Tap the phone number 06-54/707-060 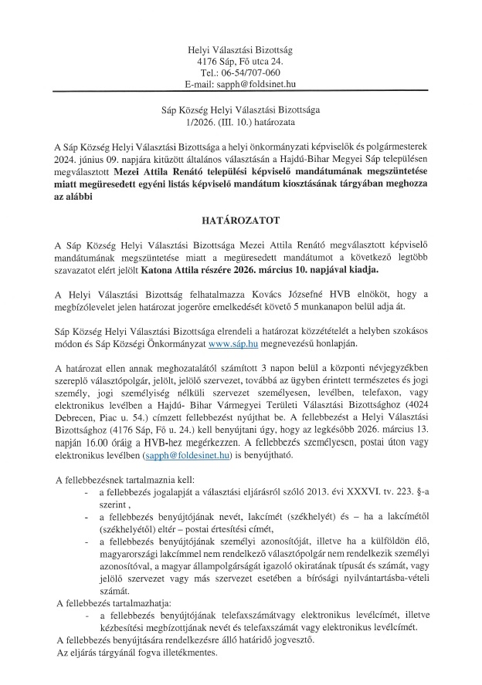(246, 73)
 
